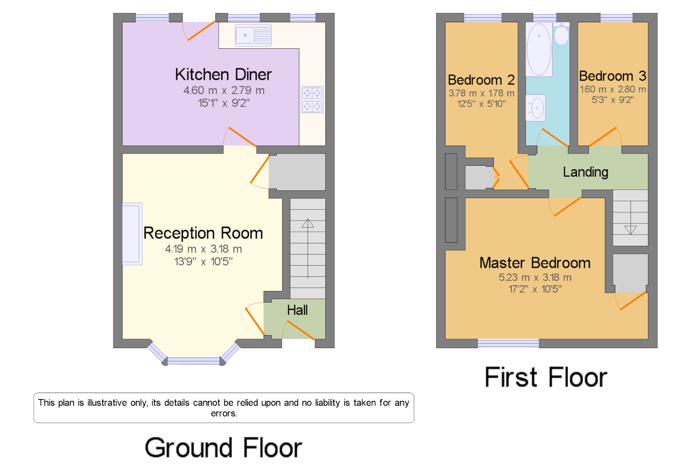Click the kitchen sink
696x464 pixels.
point(253,35)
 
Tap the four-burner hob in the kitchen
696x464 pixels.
point(312,100)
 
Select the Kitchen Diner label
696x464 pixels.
point(223,74)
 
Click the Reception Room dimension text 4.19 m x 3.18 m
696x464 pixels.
point(204,249)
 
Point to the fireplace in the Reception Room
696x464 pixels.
point(132,234)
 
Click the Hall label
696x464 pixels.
point(297,310)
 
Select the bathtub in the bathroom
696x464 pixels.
point(539,49)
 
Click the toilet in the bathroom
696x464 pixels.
point(561,34)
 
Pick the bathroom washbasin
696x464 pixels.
point(536,108)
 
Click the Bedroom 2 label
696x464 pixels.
point(481,80)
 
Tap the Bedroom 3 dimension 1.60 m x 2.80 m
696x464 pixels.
point(613,89)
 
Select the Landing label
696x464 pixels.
point(586,172)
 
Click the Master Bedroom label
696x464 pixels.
point(535,263)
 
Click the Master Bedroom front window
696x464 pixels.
point(508,343)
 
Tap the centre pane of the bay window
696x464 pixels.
point(193,361)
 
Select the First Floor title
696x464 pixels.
point(546,377)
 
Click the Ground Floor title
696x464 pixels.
point(223,448)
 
